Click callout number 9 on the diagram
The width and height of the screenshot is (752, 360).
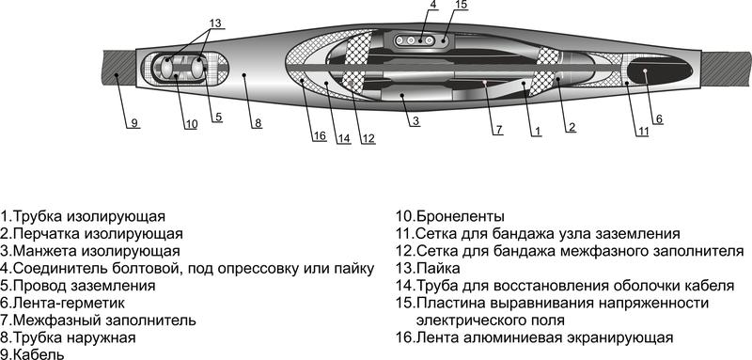tap(133, 123)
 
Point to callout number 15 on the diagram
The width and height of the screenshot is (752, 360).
tap(460, 6)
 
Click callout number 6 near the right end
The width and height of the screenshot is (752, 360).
tap(658, 118)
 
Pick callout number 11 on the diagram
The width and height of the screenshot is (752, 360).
tap(643, 132)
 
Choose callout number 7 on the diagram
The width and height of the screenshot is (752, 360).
tap(498, 129)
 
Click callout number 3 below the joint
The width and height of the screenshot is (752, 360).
tap(415, 120)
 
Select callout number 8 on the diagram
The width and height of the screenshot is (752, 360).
tap(257, 123)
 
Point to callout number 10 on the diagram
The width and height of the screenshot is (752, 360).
tap(191, 123)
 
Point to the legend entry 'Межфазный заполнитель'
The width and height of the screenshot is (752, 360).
tap(98, 320)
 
